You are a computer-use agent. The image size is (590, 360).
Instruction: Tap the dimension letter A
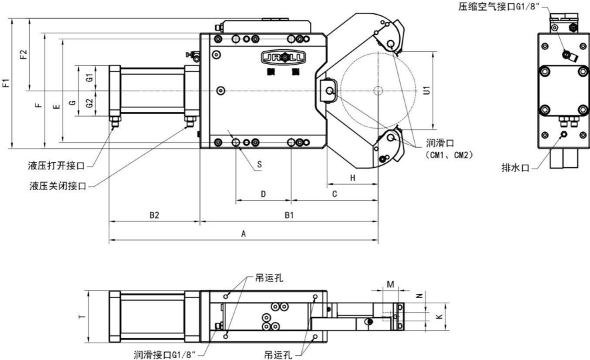[244, 233]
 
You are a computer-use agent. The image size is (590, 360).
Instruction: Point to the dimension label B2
[154, 215]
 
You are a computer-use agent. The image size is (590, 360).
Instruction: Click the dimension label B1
[288, 215]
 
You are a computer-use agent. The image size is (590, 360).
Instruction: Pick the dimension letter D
[263, 194]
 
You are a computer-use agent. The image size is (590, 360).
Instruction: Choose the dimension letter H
[352, 178]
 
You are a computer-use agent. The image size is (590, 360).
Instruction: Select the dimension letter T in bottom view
[81, 317]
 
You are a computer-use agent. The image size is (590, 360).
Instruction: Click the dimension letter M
[391, 285]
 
